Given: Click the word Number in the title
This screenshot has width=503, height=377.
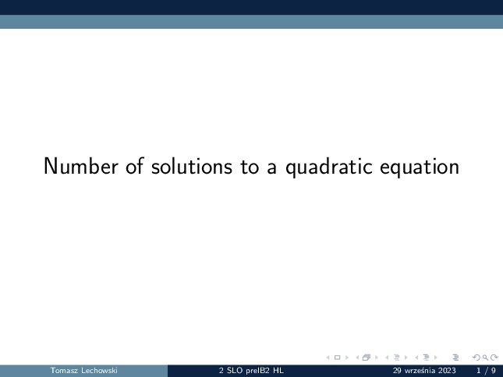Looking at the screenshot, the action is pyautogui.click(x=81, y=166).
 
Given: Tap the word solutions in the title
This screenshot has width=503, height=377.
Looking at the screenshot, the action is pyautogui.click(x=192, y=166).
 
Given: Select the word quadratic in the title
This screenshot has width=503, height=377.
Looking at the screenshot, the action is pyautogui.click(x=329, y=167).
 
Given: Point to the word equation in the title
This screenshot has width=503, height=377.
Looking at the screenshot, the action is pyautogui.click(x=420, y=167).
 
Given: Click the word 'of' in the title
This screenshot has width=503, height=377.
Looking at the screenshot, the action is pyautogui.click(x=134, y=166).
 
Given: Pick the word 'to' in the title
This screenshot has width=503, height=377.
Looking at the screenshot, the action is pyautogui.click(x=250, y=167).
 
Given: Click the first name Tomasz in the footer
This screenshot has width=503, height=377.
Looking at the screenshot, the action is pyautogui.click(x=64, y=371).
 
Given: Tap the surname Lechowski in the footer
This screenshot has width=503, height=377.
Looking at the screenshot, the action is pyautogui.click(x=100, y=371).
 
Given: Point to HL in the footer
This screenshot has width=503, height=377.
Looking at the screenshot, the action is pyautogui.click(x=278, y=371).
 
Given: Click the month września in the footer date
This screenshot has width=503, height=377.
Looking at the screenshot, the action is pyautogui.click(x=420, y=371).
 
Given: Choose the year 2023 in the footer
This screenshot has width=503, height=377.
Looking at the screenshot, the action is pyautogui.click(x=447, y=371).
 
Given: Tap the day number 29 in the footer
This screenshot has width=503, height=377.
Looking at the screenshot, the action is pyautogui.click(x=397, y=371).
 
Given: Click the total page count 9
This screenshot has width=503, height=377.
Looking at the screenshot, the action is pyautogui.click(x=494, y=371).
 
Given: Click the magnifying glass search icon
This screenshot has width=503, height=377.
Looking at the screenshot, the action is pyautogui.click(x=485, y=358).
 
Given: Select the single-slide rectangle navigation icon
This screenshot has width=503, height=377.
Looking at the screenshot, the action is pyautogui.click(x=337, y=358).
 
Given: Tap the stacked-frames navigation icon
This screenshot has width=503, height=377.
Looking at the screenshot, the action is pyautogui.click(x=367, y=358).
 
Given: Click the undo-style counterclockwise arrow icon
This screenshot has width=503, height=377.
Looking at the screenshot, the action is pyautogui.click(x=476, y=358).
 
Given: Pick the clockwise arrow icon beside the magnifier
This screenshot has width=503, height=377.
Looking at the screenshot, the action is pyautogui.click(x=494, y=358).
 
